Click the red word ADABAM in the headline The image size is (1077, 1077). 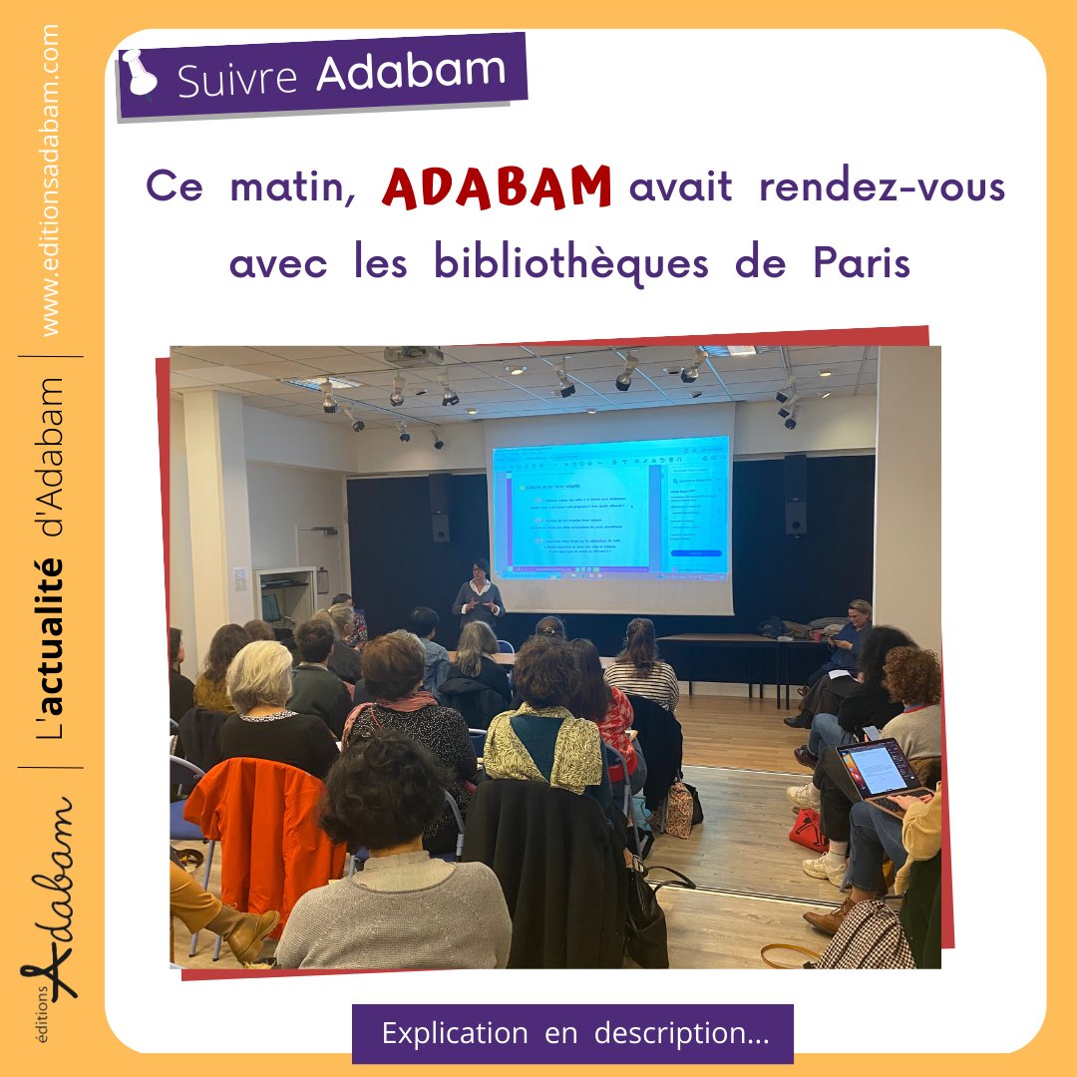point(496,186)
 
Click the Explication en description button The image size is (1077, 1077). point(572,1033)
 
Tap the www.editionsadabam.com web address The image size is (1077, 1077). point(51,180)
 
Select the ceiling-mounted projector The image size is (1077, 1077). point(413,356)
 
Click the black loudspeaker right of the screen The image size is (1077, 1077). point(795,494)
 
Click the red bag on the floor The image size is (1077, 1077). point(808,830)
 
